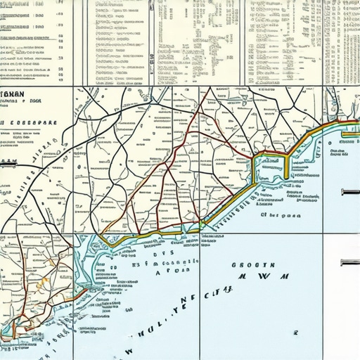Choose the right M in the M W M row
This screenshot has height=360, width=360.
(284, 277)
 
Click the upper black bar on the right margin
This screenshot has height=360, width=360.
(350, 191)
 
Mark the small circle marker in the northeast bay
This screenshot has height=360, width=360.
(328, 150)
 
